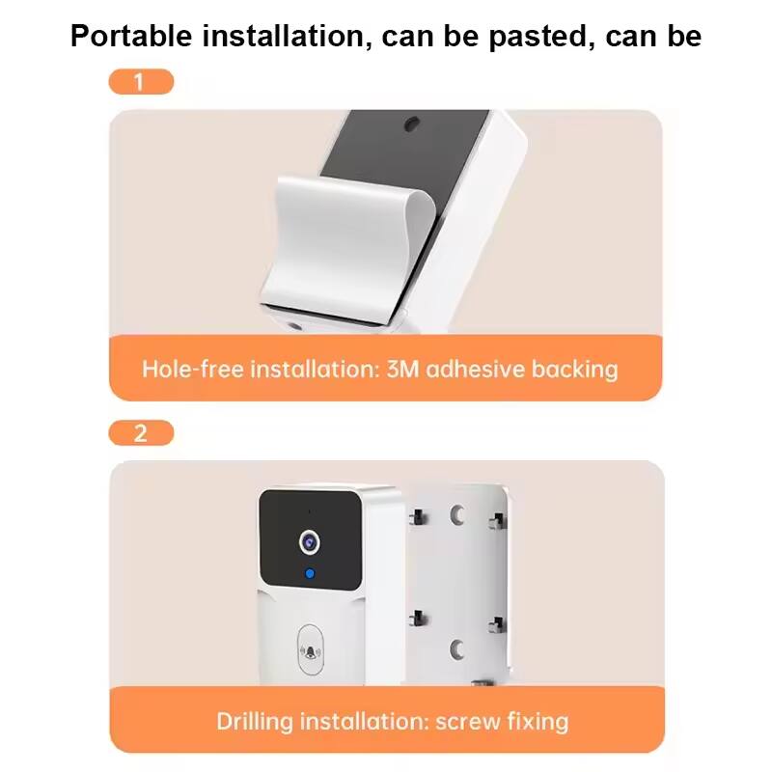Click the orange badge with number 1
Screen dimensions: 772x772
coord(141,81)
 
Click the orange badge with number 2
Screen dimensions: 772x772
coord(141,432)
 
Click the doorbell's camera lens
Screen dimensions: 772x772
coord(309,542)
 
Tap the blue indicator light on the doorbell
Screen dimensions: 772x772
coord(309,576)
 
